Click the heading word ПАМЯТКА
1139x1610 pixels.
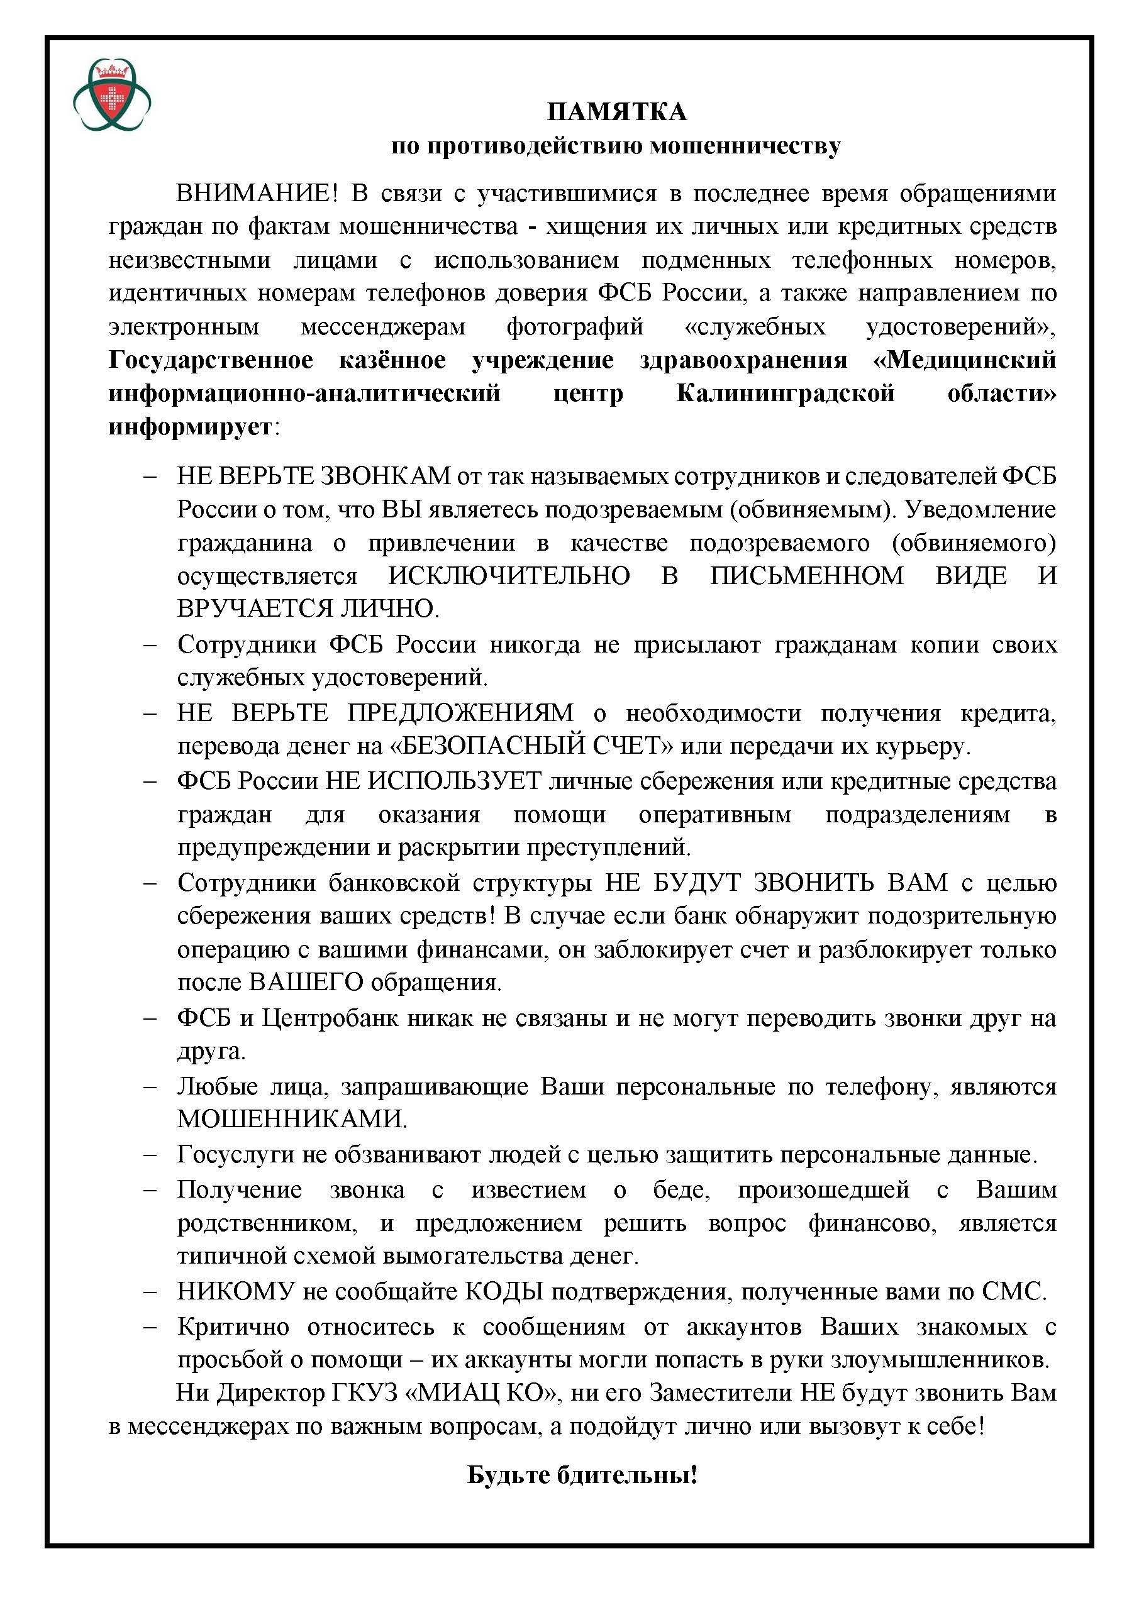(x=616, y=111)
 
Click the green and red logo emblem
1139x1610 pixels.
(x=112, y=95)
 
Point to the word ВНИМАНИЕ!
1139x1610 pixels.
(x=257, y=194)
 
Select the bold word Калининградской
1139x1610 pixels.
(x=786, y=393)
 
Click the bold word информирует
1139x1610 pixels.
(x=189, y=426)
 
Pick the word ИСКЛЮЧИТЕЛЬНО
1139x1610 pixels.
(x=509, y=576)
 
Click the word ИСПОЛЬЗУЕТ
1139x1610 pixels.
(x=455, y=780)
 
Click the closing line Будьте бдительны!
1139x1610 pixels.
(x=582, y=1475)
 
